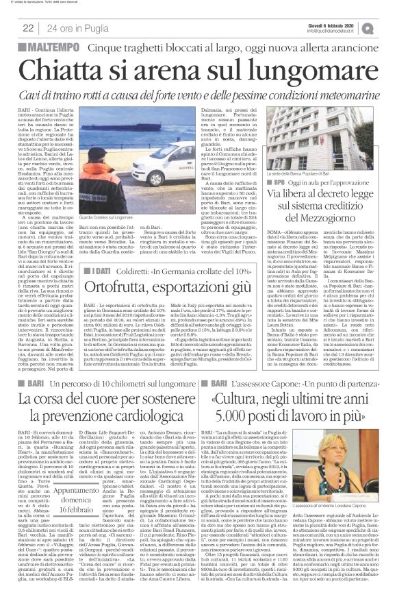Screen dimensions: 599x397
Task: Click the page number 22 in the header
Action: coord(29,27)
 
